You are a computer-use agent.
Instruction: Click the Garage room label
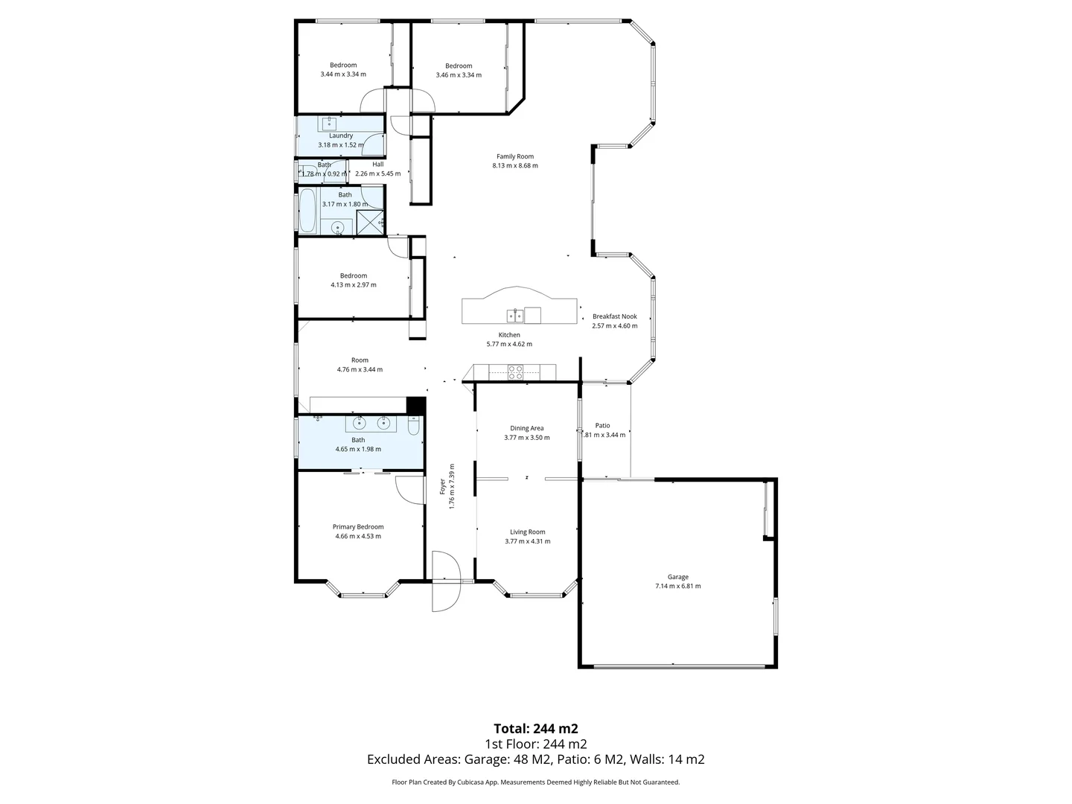point(677,577)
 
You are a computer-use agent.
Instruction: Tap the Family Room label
point(514,156)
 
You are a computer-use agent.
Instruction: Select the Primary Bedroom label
point(358,527)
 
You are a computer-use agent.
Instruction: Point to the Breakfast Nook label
point(614,316)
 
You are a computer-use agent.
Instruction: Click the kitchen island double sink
point(514,315)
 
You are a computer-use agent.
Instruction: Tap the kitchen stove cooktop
point(515,372)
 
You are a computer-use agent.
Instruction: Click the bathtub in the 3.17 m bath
point(307,211)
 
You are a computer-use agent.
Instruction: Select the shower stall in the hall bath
point(370,222)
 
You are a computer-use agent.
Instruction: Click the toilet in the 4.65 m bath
point(414,424)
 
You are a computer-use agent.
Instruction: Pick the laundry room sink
point(328,124)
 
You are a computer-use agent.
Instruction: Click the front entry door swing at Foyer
point(447,581)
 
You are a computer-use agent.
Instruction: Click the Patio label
point(602,426)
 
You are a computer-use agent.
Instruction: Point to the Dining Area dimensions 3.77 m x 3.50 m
point(526,438)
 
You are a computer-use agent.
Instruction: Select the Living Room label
point(527,532)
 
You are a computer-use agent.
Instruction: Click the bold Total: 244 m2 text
point(535,728)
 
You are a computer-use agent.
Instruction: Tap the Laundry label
point(341,135)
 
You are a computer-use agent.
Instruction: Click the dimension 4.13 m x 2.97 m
point(354,285)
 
